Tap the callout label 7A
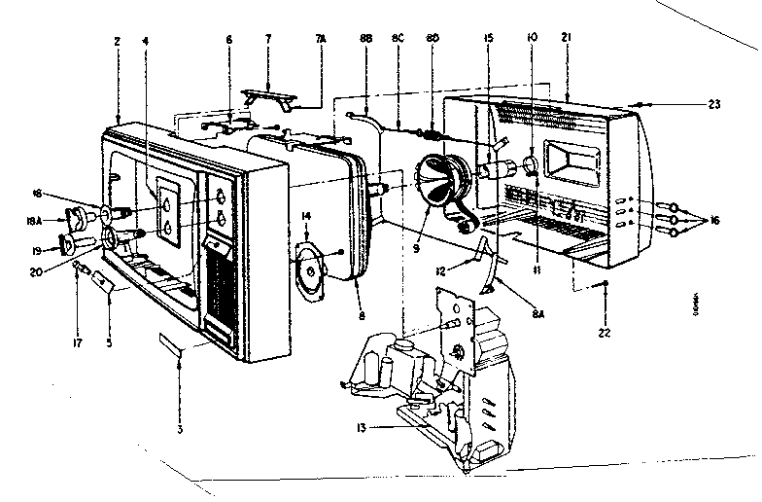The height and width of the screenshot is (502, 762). tap(321, 40)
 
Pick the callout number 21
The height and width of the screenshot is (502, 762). tap(565, 40)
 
